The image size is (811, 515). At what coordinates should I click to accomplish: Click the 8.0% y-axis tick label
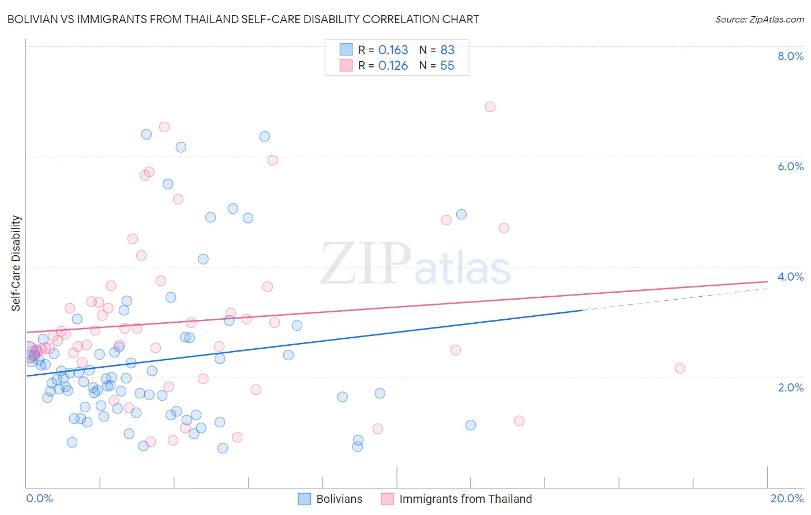click(x=790, y=56)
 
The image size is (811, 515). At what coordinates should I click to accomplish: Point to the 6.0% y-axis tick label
click(x=790, y=166)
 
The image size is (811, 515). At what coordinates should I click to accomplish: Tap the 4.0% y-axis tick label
click(x=790, y=277)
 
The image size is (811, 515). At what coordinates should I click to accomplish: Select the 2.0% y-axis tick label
click(x=790, y=387)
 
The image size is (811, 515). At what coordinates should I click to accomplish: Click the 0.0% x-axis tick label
click(x=39, y=498)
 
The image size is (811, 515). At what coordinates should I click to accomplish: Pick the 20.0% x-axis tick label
click(x=787, y=498)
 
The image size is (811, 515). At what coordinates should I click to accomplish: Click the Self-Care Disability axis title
click(x=16, y=263)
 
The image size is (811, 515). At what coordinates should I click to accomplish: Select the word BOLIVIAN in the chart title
click(x=35, y=20)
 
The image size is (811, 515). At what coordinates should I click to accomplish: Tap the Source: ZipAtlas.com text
click(x=759, y=20)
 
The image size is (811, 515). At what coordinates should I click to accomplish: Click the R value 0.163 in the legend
click(x=393, y=50)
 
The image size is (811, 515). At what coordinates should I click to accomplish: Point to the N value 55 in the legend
click(x=447, y=66)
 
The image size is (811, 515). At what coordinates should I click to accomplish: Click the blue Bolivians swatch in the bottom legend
click(x=305, y=499)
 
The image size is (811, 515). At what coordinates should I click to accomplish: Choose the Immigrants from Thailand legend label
click(x=465, y=499)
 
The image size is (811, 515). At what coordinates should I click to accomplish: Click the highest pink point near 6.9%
click(x=490, y=107)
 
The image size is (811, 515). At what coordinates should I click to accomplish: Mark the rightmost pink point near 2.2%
click(x=679, y=368)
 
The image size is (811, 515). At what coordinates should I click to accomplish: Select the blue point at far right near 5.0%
click(x=461, y=214)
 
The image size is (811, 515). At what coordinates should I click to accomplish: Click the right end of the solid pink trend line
click(x=767, y=281)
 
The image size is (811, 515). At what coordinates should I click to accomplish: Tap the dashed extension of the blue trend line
click(x=675, y=299)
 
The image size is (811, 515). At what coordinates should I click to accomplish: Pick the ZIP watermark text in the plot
click(x=366, y=264)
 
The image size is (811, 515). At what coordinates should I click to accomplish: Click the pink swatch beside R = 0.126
click(x=346, y=65)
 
